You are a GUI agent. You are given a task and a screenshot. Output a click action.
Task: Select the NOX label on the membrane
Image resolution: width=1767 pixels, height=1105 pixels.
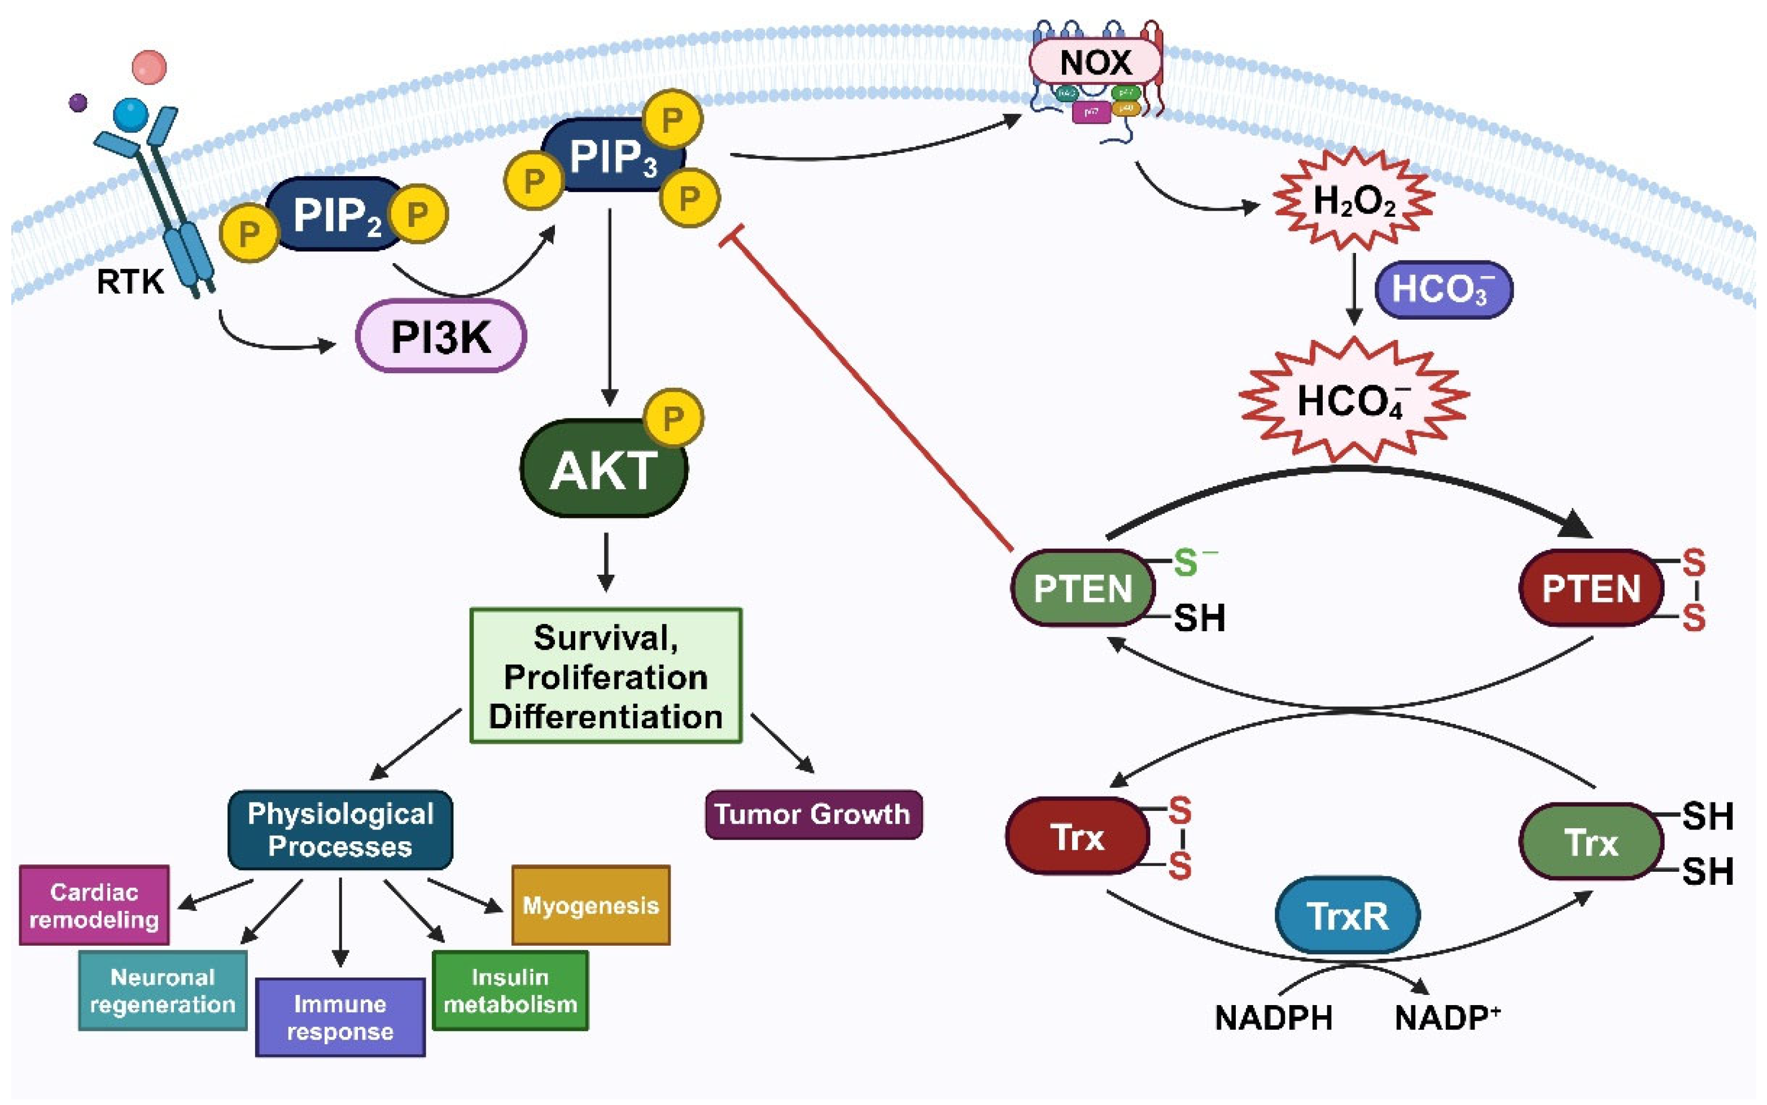(1095, 62)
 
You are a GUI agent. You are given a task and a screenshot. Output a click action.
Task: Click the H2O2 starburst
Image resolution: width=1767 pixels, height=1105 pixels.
(1354, 200)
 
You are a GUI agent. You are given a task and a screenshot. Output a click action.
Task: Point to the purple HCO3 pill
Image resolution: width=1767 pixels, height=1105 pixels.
(1442, 290)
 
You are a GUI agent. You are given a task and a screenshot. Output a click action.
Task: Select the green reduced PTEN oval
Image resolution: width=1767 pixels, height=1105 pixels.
(1083, 588)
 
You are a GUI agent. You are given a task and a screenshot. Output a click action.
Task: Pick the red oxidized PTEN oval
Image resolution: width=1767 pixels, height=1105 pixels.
(1591, 588)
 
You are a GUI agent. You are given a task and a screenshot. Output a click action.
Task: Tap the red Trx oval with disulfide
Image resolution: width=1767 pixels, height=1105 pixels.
(1077, 837)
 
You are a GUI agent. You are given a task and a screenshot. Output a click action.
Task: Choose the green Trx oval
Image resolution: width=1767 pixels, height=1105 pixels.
(1591, 842)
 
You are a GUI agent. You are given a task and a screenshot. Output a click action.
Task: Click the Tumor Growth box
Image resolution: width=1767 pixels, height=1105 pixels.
(812, 814)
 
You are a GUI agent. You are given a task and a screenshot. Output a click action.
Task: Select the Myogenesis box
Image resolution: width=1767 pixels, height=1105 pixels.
(590, 906)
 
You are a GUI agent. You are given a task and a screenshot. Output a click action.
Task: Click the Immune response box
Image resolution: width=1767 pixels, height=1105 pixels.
(340, 1017)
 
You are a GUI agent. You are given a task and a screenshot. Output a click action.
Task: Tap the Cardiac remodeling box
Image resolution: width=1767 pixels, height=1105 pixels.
(94, 906)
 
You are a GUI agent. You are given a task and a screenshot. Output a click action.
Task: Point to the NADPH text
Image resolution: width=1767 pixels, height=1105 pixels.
(1273, 1018)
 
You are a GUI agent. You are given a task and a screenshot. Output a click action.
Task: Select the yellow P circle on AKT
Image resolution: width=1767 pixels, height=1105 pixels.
(673, 418)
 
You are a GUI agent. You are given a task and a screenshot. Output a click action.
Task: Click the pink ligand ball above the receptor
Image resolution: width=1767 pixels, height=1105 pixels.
(149, 67)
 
